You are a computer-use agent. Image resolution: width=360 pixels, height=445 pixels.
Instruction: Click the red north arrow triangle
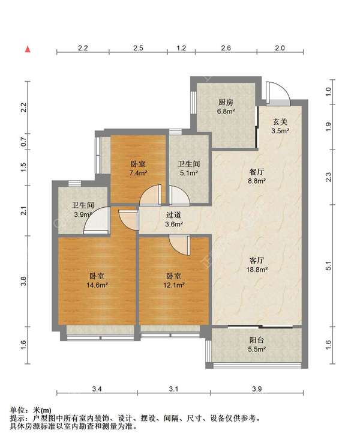28,49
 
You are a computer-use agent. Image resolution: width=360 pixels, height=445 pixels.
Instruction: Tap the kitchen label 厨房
226,102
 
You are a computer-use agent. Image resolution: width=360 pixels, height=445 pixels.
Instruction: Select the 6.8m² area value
226,112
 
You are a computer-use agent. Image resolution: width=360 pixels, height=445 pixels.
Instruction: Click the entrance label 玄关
280,122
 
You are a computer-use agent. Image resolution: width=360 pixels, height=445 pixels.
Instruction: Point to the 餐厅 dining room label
257,172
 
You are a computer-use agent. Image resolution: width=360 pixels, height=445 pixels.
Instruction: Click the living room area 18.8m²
257,270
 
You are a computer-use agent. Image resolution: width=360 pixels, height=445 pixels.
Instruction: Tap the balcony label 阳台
257,340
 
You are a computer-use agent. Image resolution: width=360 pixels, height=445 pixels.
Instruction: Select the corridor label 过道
173,215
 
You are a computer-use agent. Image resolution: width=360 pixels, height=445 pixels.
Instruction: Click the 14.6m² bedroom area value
97,285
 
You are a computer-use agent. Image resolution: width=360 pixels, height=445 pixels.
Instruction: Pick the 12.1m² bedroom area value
174,285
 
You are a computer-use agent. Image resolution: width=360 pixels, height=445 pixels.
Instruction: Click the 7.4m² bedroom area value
138,173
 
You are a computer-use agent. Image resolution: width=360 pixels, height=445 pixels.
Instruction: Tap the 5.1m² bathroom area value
189,173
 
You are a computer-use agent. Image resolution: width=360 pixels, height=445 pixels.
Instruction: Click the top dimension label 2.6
226,48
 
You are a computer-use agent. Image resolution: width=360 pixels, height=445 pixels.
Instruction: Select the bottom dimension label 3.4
97,389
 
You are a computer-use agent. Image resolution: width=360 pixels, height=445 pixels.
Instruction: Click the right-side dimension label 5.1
328,266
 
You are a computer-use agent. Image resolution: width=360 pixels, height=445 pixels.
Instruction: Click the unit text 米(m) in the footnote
42,410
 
